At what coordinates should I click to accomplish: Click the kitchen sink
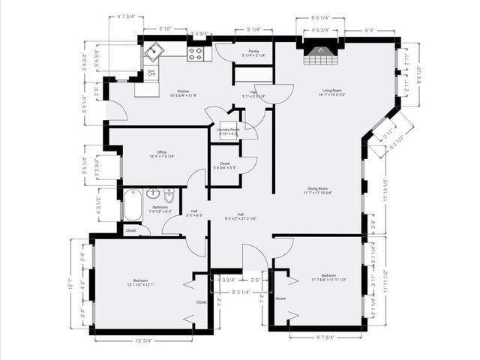click(154, 52)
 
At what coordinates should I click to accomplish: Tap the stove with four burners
click(195, 53)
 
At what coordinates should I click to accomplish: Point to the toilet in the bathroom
click(169, 196)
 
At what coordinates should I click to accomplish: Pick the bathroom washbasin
click(153, 193)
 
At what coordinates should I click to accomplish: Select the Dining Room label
click(317, 190)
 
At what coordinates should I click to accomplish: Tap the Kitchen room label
click(172, 92)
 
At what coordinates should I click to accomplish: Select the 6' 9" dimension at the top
click(370, 31)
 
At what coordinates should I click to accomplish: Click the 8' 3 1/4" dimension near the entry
click(240, 292)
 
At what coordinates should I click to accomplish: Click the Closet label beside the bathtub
click(131, 231)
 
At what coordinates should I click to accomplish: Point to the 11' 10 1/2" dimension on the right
click(385, 191)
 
